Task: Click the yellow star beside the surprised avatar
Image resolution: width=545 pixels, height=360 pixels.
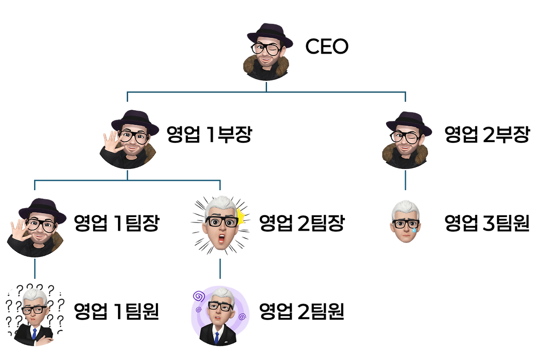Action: [242, 216]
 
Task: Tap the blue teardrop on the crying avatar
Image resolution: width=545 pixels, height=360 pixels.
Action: [414, 230]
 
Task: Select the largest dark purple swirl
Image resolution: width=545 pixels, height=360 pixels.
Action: [198, 295]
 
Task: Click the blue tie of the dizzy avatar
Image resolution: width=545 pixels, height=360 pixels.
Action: [217, 337]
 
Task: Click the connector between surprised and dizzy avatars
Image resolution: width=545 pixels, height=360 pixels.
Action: [220, 268]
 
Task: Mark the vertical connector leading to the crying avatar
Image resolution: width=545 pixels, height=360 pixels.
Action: [405, 180]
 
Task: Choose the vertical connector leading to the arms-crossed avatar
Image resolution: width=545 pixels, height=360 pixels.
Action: [35, 268]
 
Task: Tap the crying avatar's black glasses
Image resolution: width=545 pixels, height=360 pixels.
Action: [405, 224]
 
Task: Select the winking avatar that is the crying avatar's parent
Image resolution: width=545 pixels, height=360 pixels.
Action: [405, 136]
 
